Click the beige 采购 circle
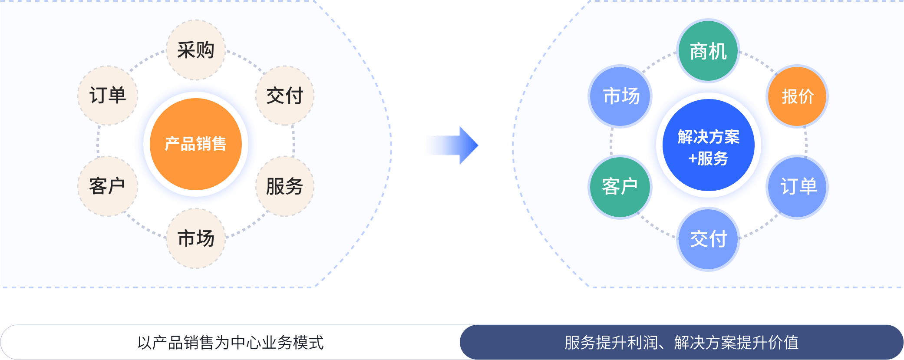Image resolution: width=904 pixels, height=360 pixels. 196,50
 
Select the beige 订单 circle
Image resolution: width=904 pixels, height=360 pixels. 108,96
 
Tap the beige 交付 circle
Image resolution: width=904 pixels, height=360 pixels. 285,96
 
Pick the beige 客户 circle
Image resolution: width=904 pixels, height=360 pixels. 108,186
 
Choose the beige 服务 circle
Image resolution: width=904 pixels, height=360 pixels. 285,186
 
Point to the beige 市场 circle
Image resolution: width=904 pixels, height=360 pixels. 196,238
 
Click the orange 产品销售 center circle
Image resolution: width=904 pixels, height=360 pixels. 196,144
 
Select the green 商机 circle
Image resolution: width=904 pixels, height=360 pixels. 708,51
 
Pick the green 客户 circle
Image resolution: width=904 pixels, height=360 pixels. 620,187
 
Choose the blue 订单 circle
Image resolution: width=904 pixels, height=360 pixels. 797,187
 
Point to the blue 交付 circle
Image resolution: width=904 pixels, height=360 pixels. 708,239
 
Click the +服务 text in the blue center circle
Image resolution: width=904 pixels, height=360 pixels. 708,159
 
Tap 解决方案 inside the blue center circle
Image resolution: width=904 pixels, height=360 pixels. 709,137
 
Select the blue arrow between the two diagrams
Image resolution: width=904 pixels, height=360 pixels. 452,145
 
